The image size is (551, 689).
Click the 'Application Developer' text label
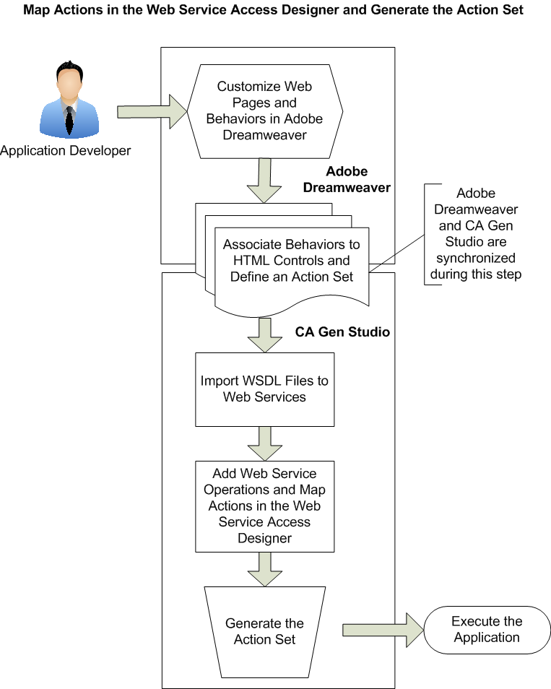click(x=66, y=151)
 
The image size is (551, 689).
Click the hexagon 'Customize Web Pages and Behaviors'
click(x=264, y=110)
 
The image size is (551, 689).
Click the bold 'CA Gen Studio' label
click(x=342, y=332)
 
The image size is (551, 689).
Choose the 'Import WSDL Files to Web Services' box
click(x=264, y=389)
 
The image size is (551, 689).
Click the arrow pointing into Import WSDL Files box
click(x=264, y=333)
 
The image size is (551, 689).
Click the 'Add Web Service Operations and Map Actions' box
click(x=264, y=506)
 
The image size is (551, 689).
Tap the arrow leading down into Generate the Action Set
click(x=264, y=568)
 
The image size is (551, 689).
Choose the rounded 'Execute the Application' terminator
click(x=486, y=629)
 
